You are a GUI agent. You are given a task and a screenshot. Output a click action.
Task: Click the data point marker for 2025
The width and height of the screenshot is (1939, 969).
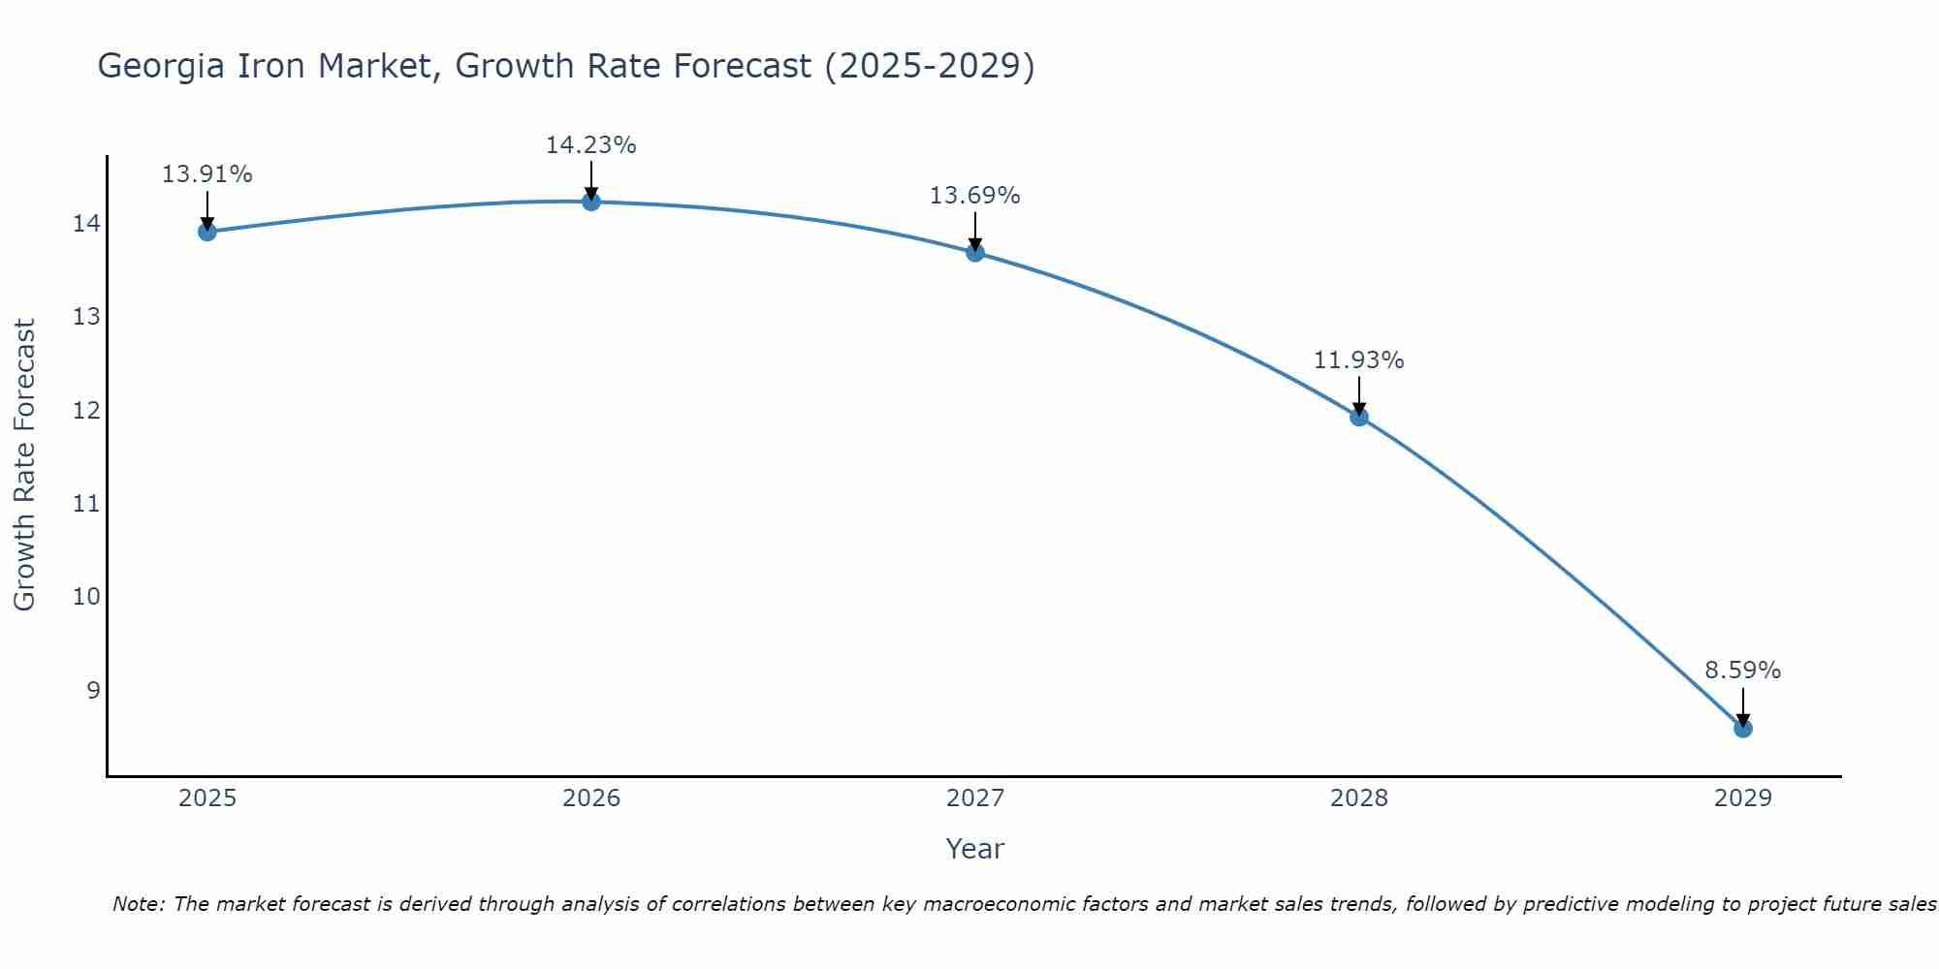(x=207, y=232)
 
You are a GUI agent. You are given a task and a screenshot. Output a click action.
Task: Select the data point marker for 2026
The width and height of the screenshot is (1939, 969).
(x=590, y=202)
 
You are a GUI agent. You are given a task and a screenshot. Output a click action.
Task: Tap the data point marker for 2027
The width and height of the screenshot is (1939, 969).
(x=974, y=253)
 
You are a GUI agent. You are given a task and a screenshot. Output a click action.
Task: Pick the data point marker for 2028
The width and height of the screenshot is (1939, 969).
(x=1358, y=417)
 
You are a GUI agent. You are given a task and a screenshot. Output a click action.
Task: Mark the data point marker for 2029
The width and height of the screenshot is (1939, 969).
(x=1742, y=728)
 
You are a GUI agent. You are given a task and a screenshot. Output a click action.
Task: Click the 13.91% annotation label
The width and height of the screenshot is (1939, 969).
(x=207, y=174)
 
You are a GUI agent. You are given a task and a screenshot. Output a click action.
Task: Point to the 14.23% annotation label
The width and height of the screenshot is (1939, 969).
(x=590, y=145)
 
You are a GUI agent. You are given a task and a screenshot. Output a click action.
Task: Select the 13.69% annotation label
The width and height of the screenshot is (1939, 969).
(x=974, y=196)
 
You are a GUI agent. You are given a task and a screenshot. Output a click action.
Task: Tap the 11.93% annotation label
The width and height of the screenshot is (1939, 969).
(x=1358, y=360)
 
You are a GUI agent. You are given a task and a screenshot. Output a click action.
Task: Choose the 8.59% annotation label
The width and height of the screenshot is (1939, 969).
(x=1742, y=671)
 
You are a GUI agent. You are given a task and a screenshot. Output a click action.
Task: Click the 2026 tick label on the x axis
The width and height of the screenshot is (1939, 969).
(x=591, y=798)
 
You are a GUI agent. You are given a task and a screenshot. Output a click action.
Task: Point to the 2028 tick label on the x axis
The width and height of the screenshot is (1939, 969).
(x=1358, y=798)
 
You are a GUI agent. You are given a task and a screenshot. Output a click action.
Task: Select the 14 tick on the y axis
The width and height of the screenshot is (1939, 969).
(x=86, y=224)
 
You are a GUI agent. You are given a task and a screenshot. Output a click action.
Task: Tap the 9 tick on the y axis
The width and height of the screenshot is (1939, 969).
(x=93, y=690)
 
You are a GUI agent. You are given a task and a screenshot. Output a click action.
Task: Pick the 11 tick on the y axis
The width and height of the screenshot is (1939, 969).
(x=86, y=504)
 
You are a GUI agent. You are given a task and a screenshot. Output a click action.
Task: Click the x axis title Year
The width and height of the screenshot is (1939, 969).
(x=974, y=849)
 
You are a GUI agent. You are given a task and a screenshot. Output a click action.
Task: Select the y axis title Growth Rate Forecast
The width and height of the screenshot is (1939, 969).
(x=24, y=465)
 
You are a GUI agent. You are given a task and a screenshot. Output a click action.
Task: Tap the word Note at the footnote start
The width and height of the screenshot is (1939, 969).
(x=138, y=904)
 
